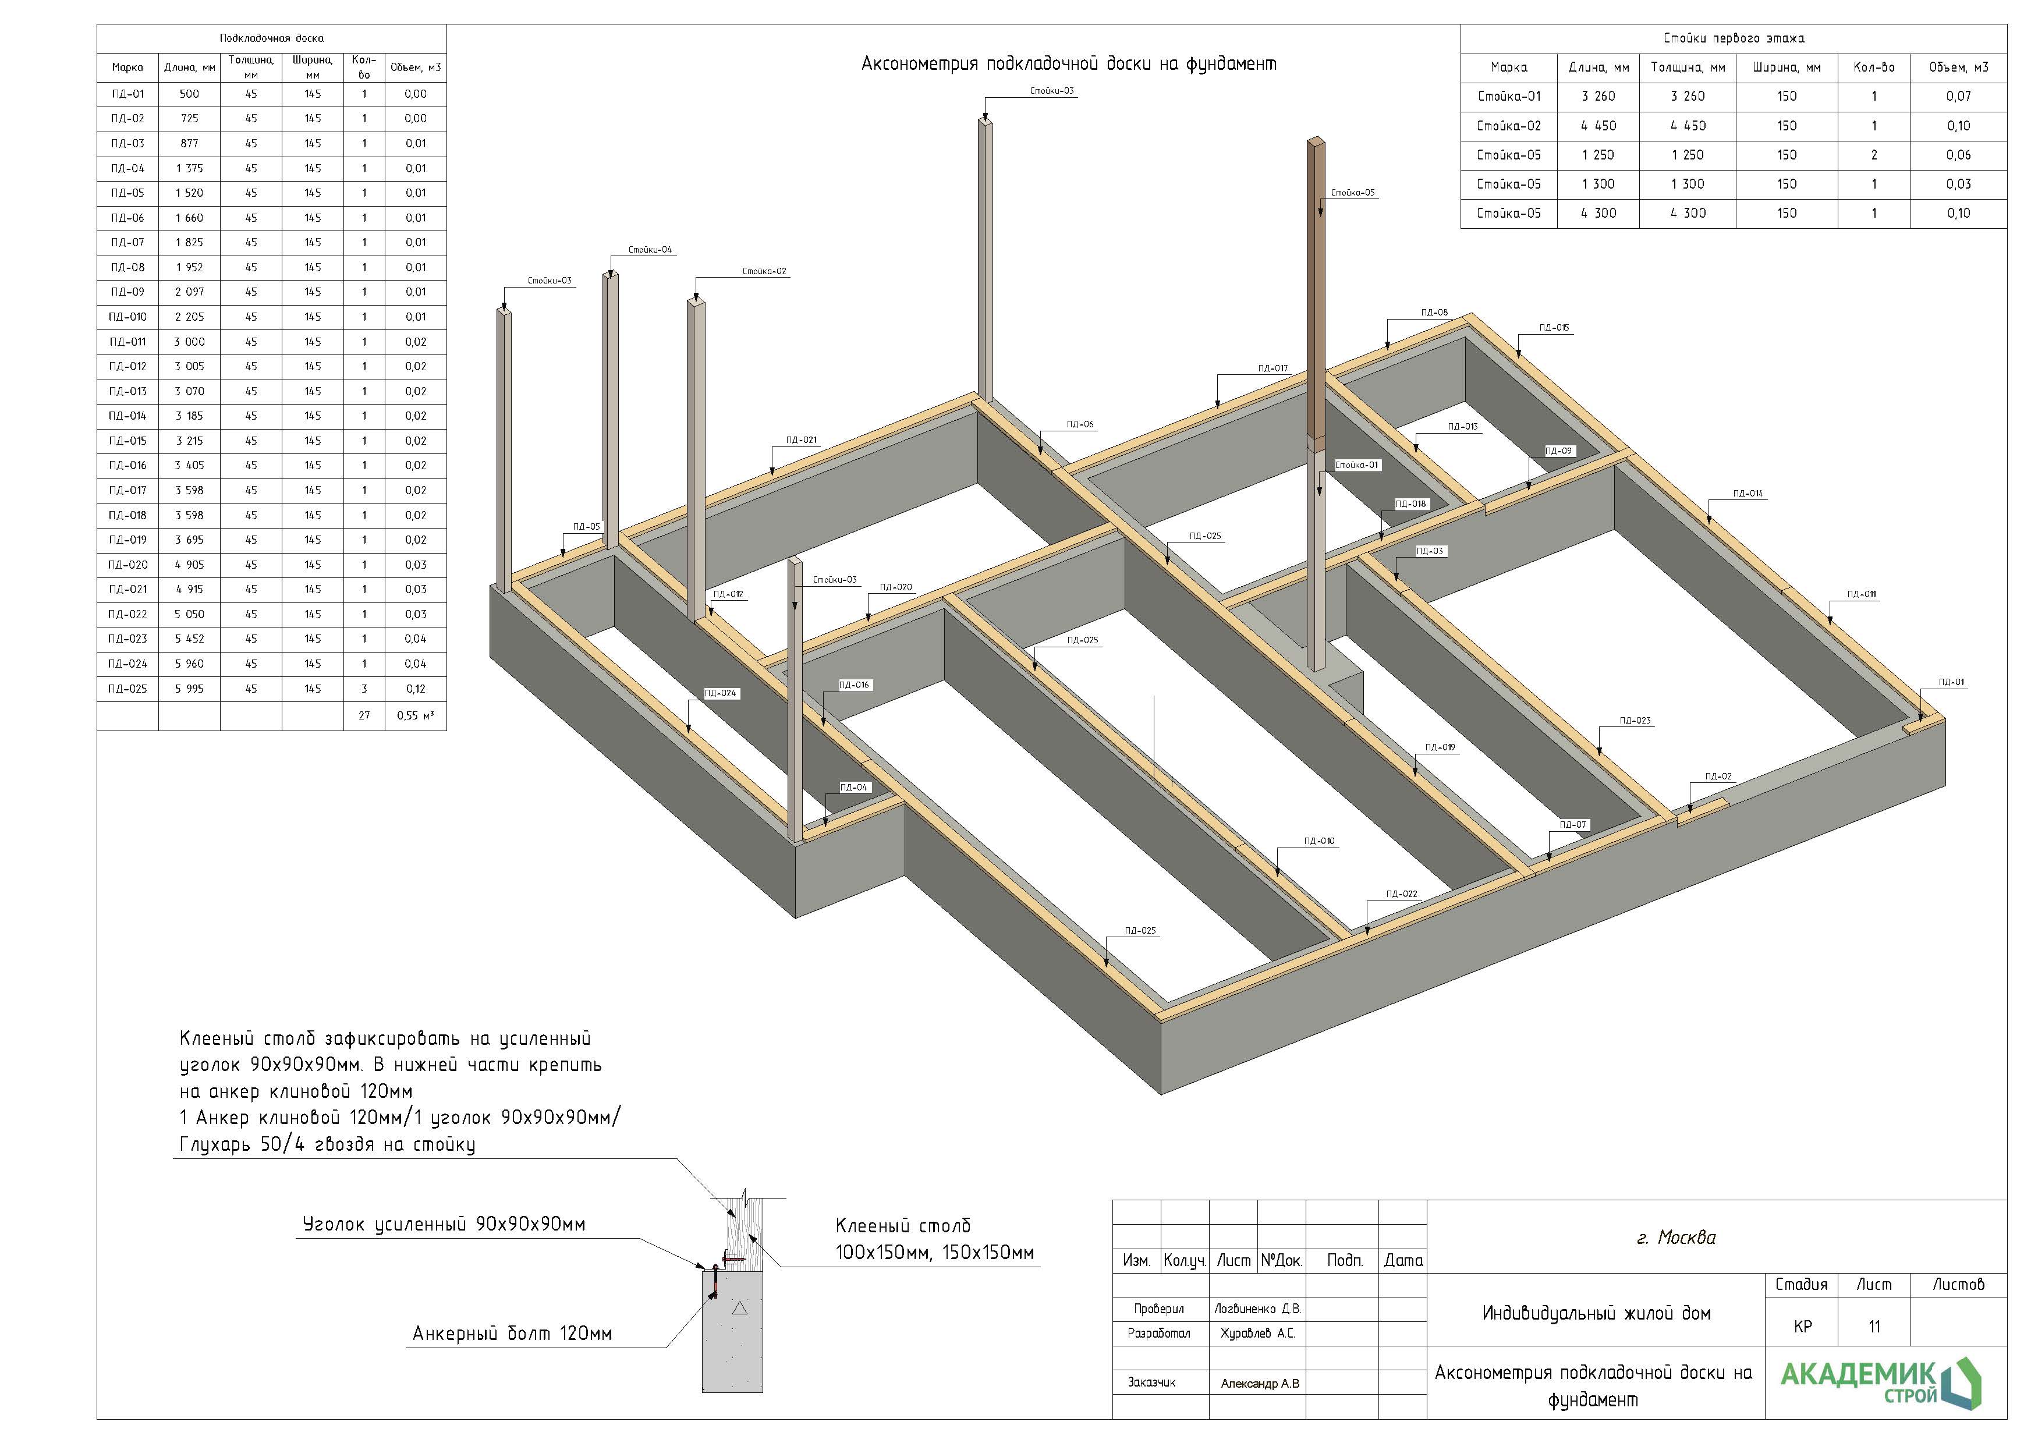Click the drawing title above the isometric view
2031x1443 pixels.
point(1068,64)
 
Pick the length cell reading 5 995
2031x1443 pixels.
point(189,689)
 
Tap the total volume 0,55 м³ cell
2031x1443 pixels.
point(415,715)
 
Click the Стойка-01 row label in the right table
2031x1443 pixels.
point(1509,96)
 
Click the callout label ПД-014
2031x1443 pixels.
point(1748,493)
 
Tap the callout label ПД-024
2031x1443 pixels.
point(719,693)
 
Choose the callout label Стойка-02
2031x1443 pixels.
point(764,271)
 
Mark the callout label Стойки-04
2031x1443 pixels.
point(650,250)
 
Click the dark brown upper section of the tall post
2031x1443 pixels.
point(1316,284)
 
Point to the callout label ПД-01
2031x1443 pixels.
point(1951,682)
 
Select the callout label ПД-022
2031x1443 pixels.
point(1401,894)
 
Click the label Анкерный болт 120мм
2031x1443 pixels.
point(512,1334)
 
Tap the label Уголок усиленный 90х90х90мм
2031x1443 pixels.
point(444,1224)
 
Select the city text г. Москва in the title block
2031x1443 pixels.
point(1676,1238)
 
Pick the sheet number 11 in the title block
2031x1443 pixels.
point(1874,1327)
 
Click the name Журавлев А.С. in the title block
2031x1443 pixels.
point(1257,1334)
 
